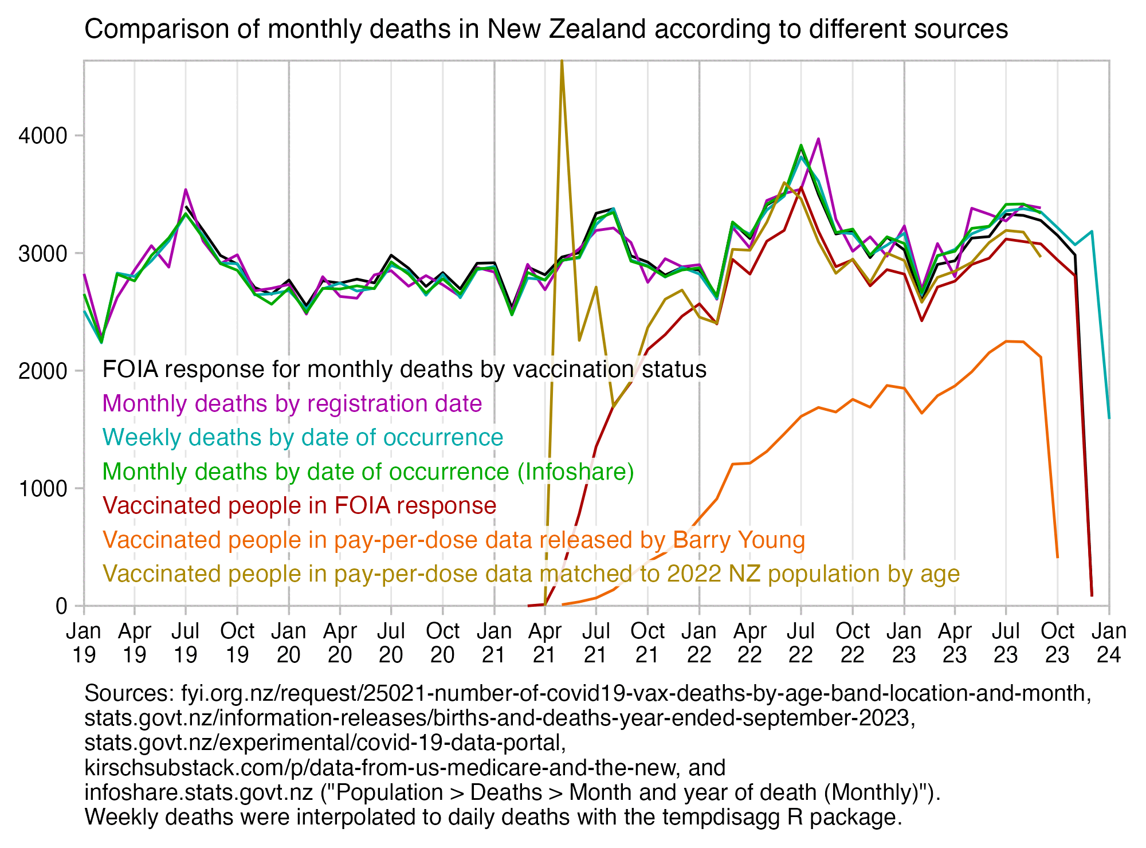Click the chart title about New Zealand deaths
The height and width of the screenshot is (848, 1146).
545,29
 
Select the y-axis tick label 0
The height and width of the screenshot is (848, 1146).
61,606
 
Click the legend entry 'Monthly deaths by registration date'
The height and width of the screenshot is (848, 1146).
292,404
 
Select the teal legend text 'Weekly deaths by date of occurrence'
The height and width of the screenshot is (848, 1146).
303,438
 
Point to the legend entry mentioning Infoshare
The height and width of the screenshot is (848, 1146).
368,472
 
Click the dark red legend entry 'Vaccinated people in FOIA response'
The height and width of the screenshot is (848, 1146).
299,506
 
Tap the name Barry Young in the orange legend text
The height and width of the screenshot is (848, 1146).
739,540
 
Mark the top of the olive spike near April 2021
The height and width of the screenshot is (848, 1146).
562,61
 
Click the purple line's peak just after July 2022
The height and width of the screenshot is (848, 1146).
818,139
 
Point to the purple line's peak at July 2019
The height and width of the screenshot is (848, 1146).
186,190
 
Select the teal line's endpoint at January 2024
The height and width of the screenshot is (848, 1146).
1109,418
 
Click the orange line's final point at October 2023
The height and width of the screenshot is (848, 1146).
1057,557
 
